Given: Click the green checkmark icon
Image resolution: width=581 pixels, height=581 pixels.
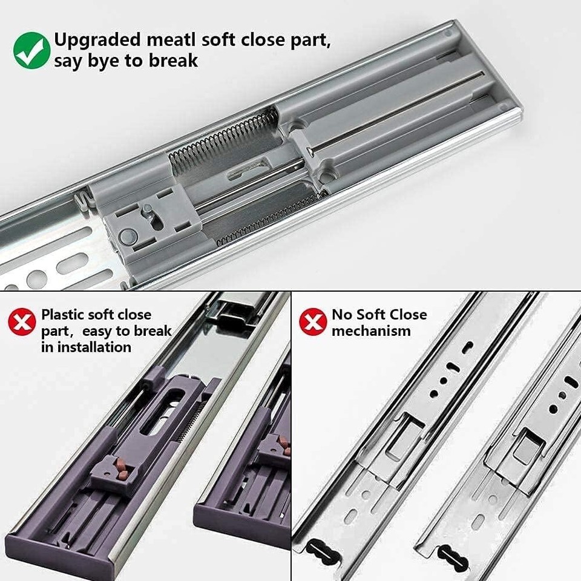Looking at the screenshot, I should [x=31, y=51].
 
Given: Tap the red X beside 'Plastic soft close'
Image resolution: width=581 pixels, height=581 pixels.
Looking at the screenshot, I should [x=22, y=323].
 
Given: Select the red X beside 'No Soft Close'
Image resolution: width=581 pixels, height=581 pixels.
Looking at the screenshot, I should [x=313, y=322].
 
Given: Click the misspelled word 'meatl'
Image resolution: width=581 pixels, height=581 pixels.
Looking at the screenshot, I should [x=166, y=40].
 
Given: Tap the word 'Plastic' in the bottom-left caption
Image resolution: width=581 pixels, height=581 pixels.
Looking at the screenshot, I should [x=63, y=315].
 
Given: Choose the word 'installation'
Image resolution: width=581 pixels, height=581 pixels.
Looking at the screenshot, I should [x=93, y=347].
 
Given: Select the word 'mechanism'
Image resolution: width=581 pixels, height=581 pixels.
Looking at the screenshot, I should [x=371, y=331].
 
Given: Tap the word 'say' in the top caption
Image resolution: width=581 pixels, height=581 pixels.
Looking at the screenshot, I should [x=67, y=62].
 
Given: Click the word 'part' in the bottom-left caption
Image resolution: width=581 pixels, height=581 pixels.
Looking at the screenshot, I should [x=54, y=331].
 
